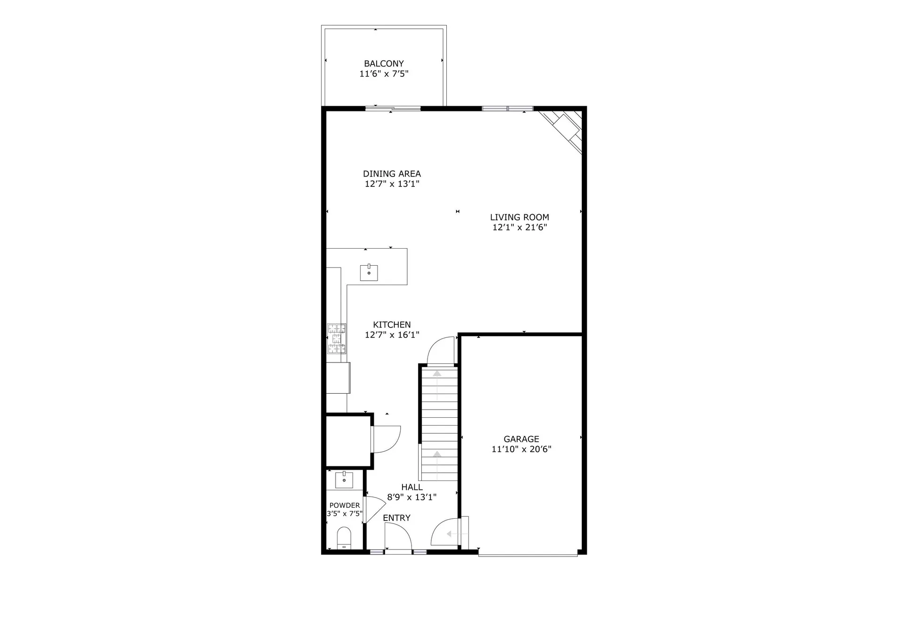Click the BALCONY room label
[384, 64]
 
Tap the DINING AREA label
[392, 174]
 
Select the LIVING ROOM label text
[519, 217]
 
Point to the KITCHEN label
[392, 325]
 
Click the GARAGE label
[521, 439]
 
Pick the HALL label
[412, 487]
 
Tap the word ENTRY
[396, 518]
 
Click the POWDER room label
[345, 505]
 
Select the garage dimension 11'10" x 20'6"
[521, 449]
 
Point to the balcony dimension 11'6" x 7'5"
[384, 74]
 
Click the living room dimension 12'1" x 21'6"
[519, 227]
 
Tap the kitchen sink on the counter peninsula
[369, 272]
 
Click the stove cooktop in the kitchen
[337, 338]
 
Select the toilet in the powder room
[344, 538]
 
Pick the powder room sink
[344, 480]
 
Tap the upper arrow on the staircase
[437, 374]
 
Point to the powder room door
[375, 509]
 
